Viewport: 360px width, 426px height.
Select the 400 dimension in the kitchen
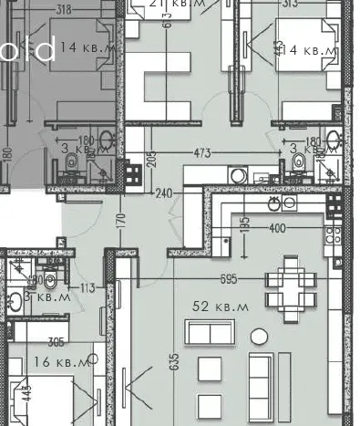(276, 227)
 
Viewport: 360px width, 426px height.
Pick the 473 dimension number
(204, 152)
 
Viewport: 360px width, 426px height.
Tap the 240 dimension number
(164, 193)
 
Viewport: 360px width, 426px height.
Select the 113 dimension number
(87, 288)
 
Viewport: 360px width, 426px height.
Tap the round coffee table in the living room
(258, 334)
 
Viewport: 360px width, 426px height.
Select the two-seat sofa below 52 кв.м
(216, 331)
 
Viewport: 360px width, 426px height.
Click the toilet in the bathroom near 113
(50, 279)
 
